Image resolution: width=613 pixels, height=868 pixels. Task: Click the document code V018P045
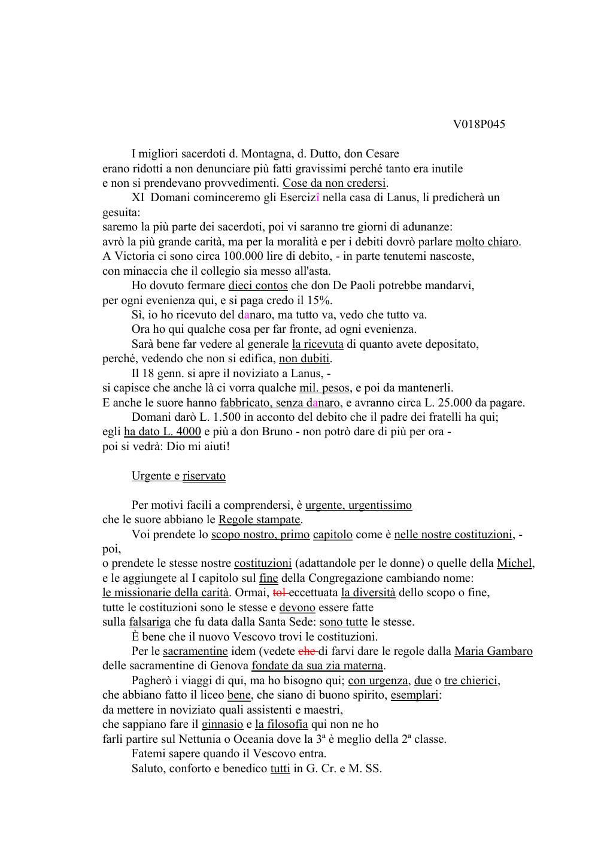tap(478, 125)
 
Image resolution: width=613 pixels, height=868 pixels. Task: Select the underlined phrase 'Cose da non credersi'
tap(334, 183)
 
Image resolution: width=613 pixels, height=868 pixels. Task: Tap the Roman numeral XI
tap(138, 198)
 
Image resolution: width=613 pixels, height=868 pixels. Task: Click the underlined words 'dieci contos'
tap(258, 286)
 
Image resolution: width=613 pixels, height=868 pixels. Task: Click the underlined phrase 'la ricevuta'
tap(317, 344)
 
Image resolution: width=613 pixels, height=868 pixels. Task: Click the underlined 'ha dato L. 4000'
tap(162, 432)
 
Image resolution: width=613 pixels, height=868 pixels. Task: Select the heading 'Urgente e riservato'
tap(178, 476)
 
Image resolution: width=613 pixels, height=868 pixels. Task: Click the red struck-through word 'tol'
tap(279, 593)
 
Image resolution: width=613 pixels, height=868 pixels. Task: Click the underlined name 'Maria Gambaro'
tap(493, 651)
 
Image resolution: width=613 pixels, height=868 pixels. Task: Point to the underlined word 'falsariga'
tap(150, 622)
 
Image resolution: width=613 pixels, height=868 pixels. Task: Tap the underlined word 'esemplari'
tap(414, 696)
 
